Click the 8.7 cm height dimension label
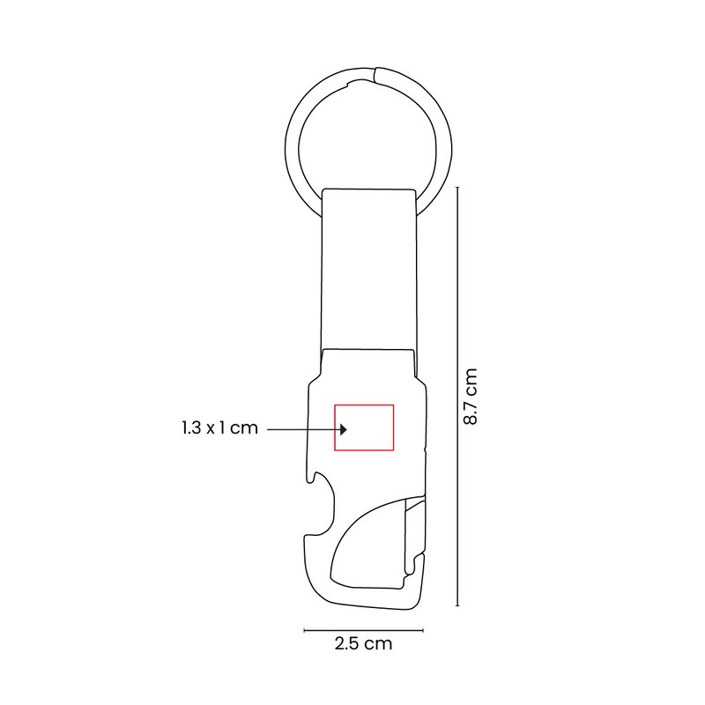[471, 396]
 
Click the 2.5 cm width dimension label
[363, 643]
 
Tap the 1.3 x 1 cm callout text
[220, 427]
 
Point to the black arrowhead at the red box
[344, 429]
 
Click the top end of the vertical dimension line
[457, 187]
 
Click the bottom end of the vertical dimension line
[457, 605]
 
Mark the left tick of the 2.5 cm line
[304, 630]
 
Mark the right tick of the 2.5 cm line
[423, 630]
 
